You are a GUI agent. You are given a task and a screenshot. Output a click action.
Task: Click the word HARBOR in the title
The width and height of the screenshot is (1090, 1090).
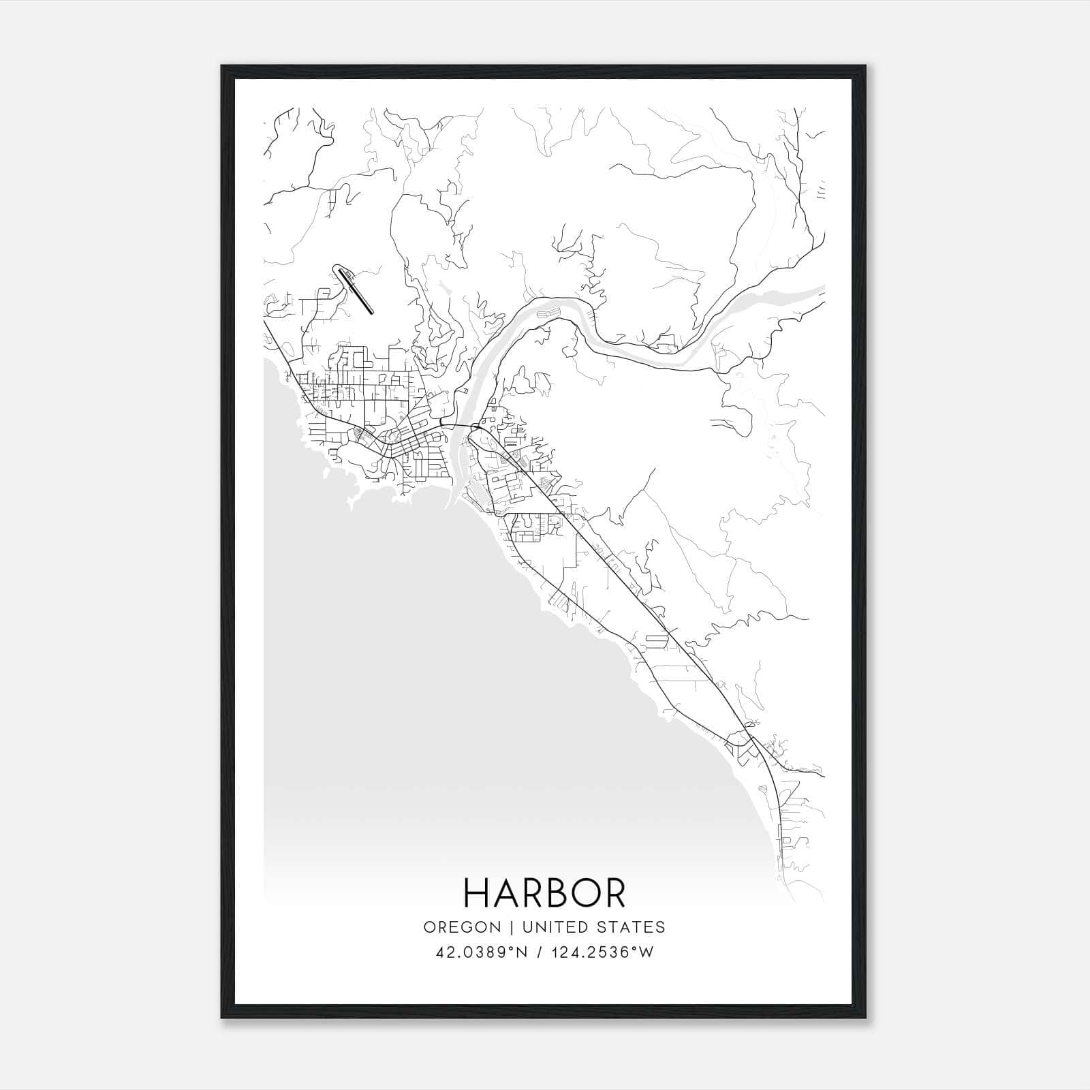click(544, 893)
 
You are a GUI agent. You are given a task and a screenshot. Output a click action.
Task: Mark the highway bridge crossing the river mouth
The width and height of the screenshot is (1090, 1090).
click(456, 426)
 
